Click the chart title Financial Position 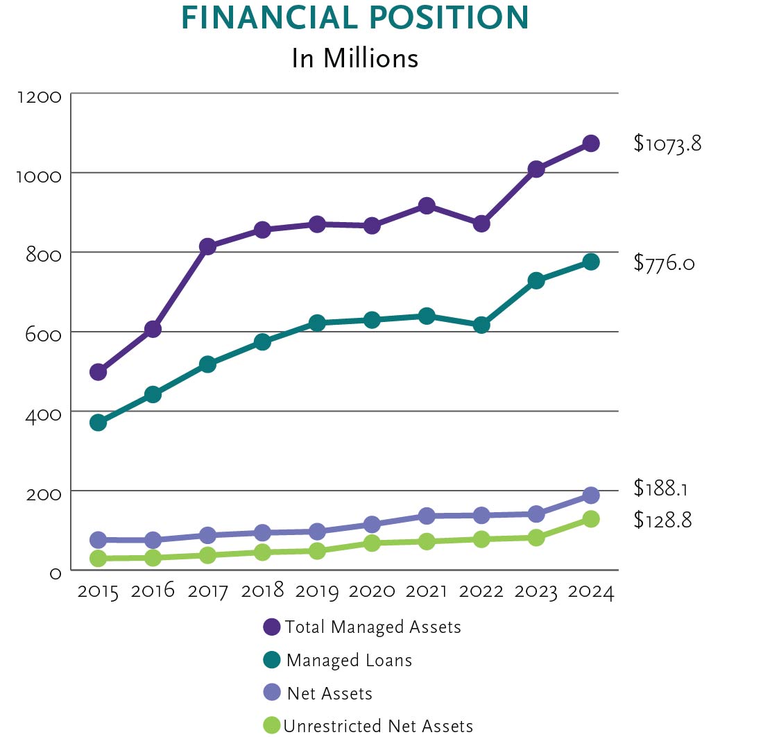click(x=354, y=19)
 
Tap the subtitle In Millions click(x=354, y=58)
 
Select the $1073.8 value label click(x=667, y=144)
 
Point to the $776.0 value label click(x=664, y=263)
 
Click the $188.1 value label click(x=660, y=488)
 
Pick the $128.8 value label click(x=662, y=520)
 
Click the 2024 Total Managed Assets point click(x=590, y=144)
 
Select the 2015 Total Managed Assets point click(x=99, y=372)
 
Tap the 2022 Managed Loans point click(x=481, y=325)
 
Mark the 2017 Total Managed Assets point click(x=207, y=246)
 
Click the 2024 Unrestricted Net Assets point click(x=590, y=519)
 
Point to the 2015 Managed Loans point click(x=99, y=423)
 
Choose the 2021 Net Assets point click(x=427, y=516)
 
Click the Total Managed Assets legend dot click(x=272, y=627)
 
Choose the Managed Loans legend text click(x=349, y=661)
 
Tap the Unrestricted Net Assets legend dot click(x=272, y=726)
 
